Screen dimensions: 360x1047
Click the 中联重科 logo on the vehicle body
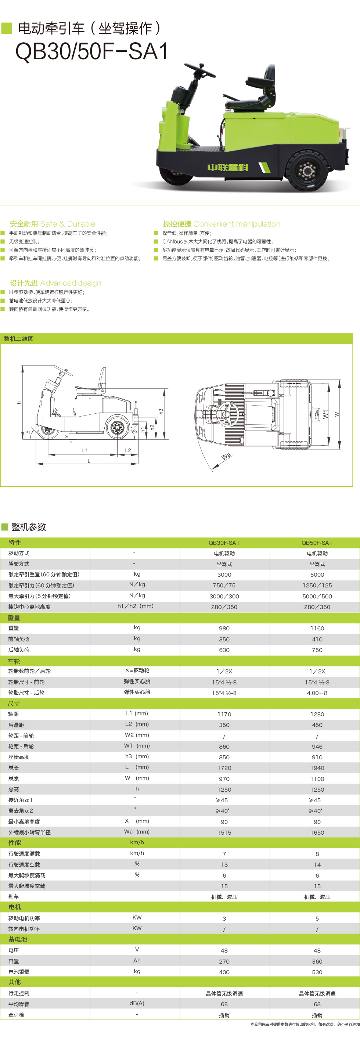coord(227,168)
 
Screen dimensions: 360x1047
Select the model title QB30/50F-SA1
coord(92,52)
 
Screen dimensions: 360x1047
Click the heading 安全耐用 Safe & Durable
coord(53,224)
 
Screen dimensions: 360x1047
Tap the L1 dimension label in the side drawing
coord(85,450)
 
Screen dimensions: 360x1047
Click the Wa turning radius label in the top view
coord(226,456)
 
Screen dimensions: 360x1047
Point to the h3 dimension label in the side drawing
coord(161,411)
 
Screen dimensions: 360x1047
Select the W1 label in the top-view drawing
coord(325,414)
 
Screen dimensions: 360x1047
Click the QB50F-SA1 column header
coord(317,543)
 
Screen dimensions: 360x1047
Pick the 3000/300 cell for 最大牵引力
coord(224,596)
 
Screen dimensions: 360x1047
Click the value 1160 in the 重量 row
coord(317,628)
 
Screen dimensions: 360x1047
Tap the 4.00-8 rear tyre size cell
coord(317,693)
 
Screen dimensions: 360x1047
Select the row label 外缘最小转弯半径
coord(29,832)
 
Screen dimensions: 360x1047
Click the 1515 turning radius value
coord(224,832)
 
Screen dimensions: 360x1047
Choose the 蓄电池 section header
coord(18,939)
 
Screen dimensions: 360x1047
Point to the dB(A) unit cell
coord(137,1003)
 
